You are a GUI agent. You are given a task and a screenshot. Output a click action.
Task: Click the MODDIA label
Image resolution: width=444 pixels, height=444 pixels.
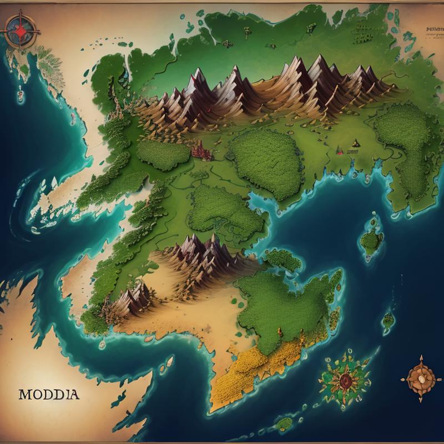click(49, 395)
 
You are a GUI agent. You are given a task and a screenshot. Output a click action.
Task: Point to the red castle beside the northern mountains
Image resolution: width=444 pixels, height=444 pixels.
click(200, 150)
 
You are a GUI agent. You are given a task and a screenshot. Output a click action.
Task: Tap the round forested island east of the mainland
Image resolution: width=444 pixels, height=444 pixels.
click(370, 240)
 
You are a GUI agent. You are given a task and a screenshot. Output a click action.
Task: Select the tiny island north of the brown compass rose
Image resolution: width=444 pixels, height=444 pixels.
click(389, 320)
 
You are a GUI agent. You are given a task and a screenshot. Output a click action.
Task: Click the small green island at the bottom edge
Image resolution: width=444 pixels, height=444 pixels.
click(285, 423)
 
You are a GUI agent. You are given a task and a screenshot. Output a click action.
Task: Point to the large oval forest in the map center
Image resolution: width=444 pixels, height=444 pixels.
click(265, 164)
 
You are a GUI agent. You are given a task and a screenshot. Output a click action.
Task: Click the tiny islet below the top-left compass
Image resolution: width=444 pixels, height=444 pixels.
click(21, 95)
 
